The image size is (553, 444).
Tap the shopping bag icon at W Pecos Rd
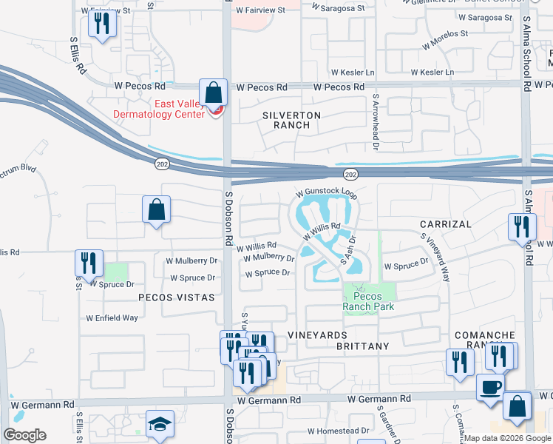coord(213,94)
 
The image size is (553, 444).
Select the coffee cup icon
coord(489,388)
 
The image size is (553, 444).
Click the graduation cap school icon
coord(160,424)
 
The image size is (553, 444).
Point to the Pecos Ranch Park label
coord(368,301)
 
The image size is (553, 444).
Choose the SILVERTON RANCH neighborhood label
coord(292,121)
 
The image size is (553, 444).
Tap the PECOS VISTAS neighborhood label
coord(176,297)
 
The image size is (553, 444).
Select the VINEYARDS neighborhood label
coord(317,335)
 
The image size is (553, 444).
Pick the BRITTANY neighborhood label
coord(362,346)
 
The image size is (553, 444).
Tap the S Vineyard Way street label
coord(436,257)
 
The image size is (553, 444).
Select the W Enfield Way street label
coord(112,317)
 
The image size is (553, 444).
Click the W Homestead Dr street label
coord(339,431)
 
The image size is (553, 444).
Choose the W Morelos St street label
coord(445,39)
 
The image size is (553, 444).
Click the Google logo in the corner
coord(24,435)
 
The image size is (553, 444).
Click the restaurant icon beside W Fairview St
coord(101,24)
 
